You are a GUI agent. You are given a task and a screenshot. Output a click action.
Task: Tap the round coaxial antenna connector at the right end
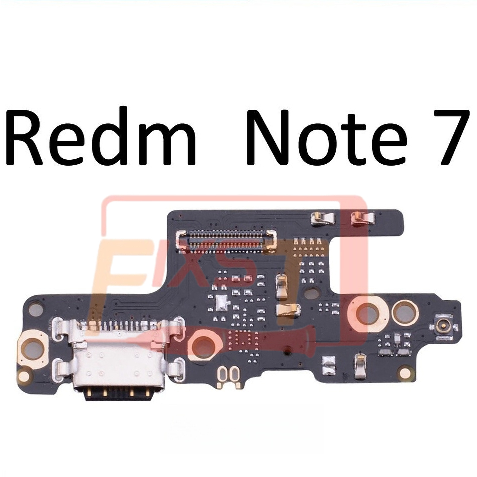tap(441, 325)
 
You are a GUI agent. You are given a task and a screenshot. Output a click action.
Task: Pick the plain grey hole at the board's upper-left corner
tap(35, 310)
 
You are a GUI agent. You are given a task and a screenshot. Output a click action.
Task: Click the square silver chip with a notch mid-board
tap(220, 301)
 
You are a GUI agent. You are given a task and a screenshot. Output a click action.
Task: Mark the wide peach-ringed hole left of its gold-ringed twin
tap(368, 313)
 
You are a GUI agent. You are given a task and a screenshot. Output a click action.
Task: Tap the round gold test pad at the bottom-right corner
tap(407, 373)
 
